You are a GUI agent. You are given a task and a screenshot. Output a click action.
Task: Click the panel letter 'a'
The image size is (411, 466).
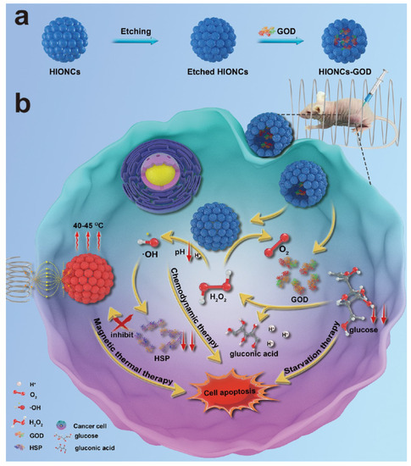tap(19, 17)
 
